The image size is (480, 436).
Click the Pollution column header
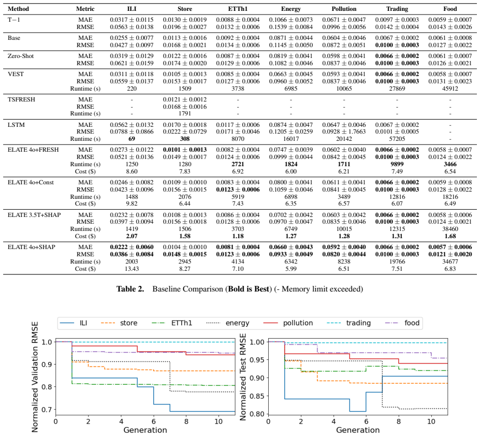tap(344, 9)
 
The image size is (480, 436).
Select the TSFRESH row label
tap(21, 99)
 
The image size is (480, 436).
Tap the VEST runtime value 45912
tap(450, 89)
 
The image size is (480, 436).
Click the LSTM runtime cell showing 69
tap(132, 139)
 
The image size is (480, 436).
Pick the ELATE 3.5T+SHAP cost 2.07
tap(132, 236)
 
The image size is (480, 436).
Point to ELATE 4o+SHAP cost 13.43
tap(132, 269)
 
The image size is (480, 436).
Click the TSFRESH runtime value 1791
tap(184, 113)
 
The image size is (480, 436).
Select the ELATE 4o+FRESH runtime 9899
tap(397, 164)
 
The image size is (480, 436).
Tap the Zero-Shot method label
tap(21, 56)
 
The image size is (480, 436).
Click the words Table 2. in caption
tap(130, 289)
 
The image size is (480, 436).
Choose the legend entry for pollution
tap(288, 323)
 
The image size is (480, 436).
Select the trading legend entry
tap(348, 323)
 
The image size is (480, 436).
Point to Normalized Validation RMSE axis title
tap(35, 377)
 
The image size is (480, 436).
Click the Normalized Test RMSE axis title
tap(243, 377)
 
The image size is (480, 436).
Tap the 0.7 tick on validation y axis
tap(48, 410)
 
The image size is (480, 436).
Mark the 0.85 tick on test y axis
tap(257, 396)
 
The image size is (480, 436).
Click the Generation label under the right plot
tap(358, 430)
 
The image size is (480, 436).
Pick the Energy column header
tap(291, 9)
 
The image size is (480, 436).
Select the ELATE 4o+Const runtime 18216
tap(450, 197)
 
